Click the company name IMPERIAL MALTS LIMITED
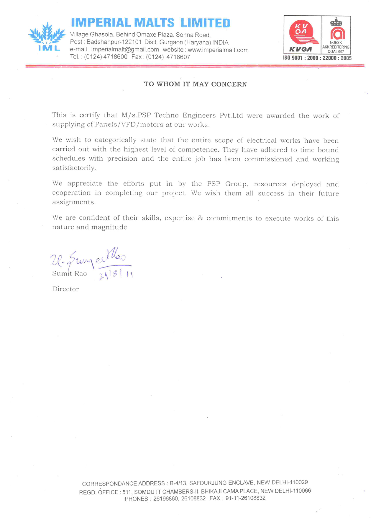coord(150,23)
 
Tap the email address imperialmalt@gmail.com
coord(125,50)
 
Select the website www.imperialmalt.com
coord(218,50)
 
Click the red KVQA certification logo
coord(302,34)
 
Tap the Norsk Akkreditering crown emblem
coord(336,22)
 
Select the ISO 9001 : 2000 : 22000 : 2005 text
coord(317,58)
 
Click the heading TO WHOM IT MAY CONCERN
coord(195,84)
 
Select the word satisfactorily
coord(74,168)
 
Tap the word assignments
coord(74,202)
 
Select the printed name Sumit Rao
coord(69,274)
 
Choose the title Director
coord(65,289)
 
